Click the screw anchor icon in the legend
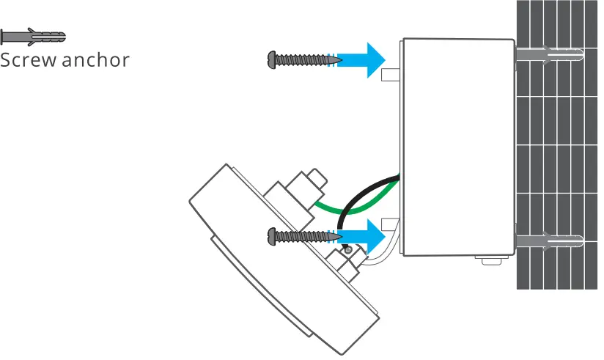tap(33, 36)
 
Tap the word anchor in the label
tap(95, 60)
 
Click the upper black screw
tap(301, 59)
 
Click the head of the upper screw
tap(275, 59)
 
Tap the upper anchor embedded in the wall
tap(550, 55)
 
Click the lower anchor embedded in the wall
tap(550, 241)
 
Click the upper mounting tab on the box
tap(390, 74)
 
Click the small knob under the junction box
tap(485, 260)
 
